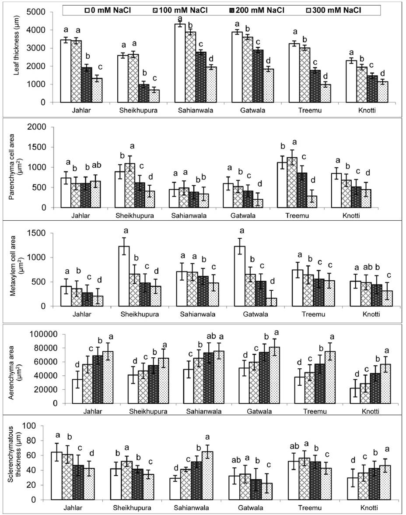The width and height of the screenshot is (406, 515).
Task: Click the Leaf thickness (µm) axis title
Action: click(16, 57)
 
